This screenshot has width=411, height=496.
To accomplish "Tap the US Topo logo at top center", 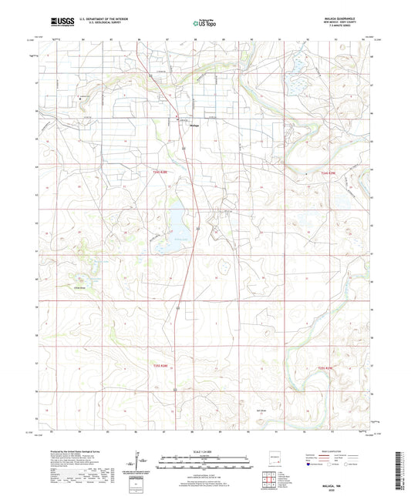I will click(203, 25).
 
